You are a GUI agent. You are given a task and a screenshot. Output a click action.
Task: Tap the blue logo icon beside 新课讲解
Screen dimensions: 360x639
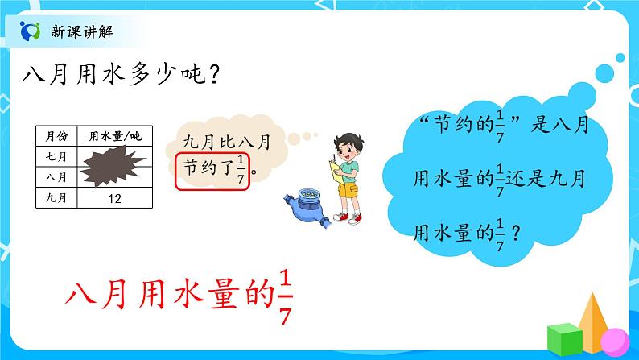pos(31,31)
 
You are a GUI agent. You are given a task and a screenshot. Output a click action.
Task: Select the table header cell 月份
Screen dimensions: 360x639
pos(56,136)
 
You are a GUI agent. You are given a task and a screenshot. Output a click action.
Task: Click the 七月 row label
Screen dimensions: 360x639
pos(56,155)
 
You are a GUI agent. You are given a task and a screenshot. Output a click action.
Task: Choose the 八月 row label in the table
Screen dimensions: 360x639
pos(56,175)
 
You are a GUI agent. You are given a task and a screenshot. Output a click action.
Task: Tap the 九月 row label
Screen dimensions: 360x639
pos(56,196)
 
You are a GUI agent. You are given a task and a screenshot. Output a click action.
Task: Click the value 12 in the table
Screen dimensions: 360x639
pos(113,196)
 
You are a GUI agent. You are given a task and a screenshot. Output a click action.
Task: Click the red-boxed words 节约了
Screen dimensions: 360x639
pos(204,169)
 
